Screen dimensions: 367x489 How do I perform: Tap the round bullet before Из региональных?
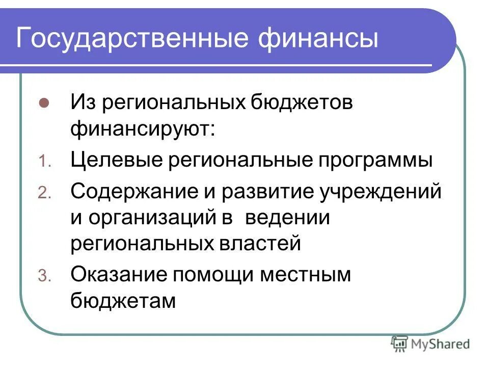44,102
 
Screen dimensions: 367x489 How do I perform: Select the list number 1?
44,163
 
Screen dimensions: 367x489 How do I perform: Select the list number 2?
44,193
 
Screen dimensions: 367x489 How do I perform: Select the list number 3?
44,276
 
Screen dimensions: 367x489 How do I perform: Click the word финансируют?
143,129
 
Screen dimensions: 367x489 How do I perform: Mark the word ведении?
288,218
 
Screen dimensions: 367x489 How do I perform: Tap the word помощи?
212,275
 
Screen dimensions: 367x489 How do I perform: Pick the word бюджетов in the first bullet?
294,103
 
